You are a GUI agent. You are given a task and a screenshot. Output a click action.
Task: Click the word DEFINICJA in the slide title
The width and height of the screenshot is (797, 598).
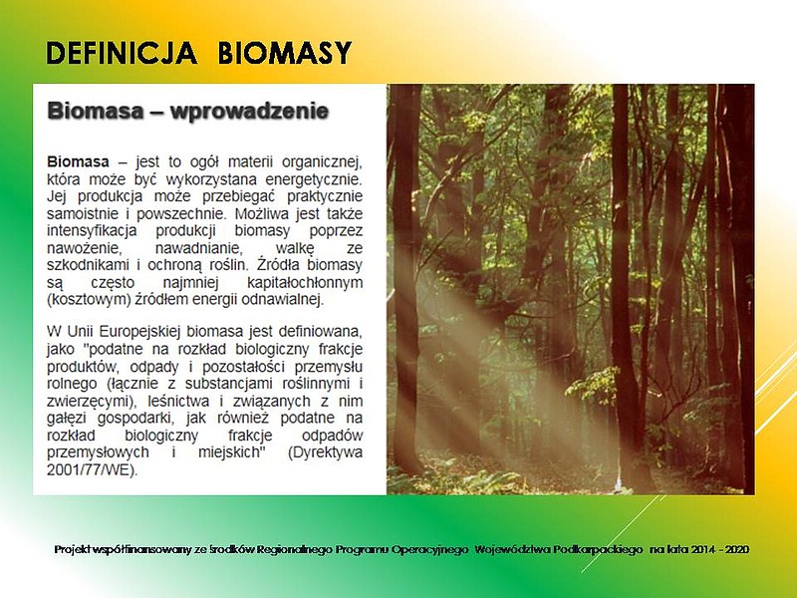(x=122, y=53)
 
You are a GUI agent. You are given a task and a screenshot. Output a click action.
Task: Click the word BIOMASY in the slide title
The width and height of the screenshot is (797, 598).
(x=285, y=53)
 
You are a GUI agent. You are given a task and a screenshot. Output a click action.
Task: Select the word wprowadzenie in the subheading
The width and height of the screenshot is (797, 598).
(x=250, y=111)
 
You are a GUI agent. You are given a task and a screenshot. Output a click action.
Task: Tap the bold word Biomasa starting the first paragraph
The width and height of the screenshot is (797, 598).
(x=78, y=161)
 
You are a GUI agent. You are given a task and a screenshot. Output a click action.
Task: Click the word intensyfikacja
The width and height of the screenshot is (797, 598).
(x=92, y=230)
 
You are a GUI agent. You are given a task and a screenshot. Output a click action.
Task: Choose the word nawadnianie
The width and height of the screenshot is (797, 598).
(x=204, y=248)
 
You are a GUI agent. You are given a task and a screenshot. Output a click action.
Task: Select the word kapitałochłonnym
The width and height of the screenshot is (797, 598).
(x=305, y=282)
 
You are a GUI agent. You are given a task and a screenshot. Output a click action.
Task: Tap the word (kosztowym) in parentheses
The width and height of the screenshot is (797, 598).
(x=89, y=300)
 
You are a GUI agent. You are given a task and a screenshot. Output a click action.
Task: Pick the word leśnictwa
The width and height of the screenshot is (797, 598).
(x=180, y=401)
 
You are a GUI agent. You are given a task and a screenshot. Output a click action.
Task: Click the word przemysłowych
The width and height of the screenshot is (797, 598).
(x=98, y=452)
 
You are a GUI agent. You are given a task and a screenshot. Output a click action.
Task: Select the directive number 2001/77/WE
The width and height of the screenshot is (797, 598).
(x=92, y=469)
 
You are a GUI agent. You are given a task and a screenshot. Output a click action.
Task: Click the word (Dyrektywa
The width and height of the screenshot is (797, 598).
(x=326, y=452)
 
